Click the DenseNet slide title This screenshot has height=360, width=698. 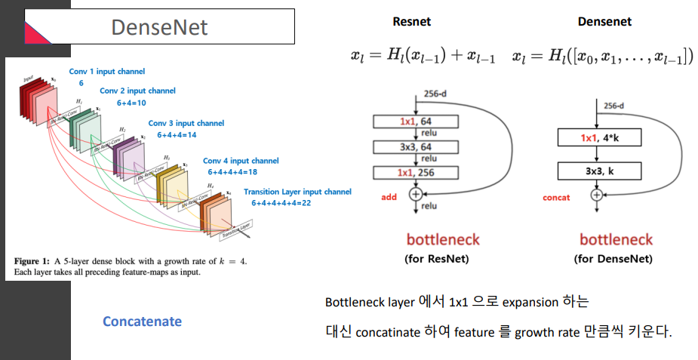158,27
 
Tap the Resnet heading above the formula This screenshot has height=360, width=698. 412,22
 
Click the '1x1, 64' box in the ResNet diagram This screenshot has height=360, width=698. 415,121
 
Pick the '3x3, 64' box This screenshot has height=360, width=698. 415,147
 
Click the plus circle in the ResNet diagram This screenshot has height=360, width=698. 414,193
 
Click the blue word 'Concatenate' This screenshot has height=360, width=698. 142,322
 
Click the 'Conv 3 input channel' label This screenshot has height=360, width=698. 186,123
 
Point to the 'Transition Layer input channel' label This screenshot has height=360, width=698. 297,192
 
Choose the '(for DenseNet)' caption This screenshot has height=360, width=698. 616,259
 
